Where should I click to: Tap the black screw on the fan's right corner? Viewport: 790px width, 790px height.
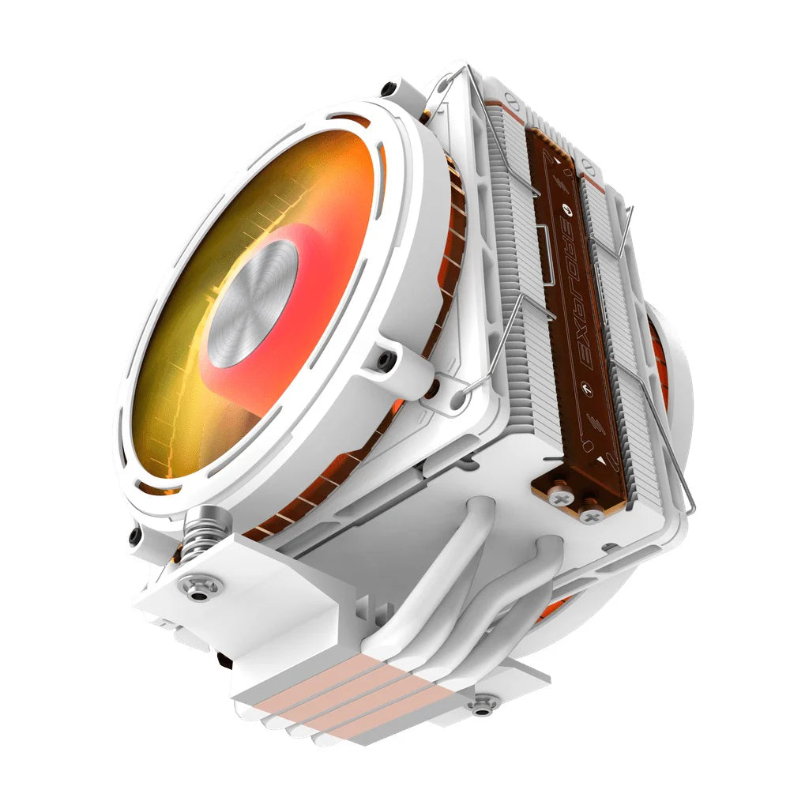386,359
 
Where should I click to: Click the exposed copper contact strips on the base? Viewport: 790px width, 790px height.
340,695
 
